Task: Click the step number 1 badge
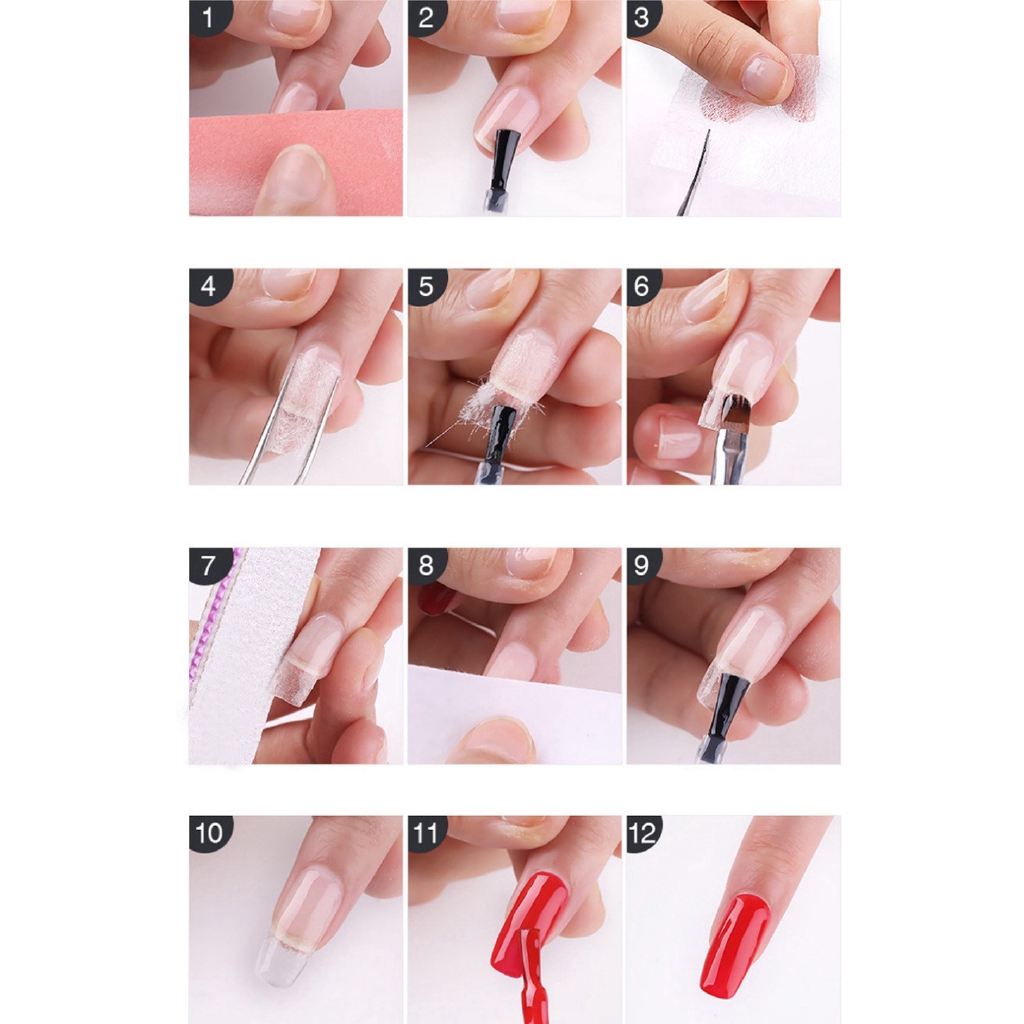pyautogui.click(x=209, y=17)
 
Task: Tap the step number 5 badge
pyautogui.click(x=426, y=286)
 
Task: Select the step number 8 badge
pyautogui.click(x=426, y=565)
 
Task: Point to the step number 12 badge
pyautogui.click(x=643, y=833)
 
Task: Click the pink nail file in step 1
pyautogui.click(x=295, y=162)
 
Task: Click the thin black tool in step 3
pyautogui.click(x=695, y=174)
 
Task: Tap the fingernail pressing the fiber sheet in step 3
pyautogui.click(x=766, y=78)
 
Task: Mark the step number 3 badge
pyautogui.click(x=643, y=17)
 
